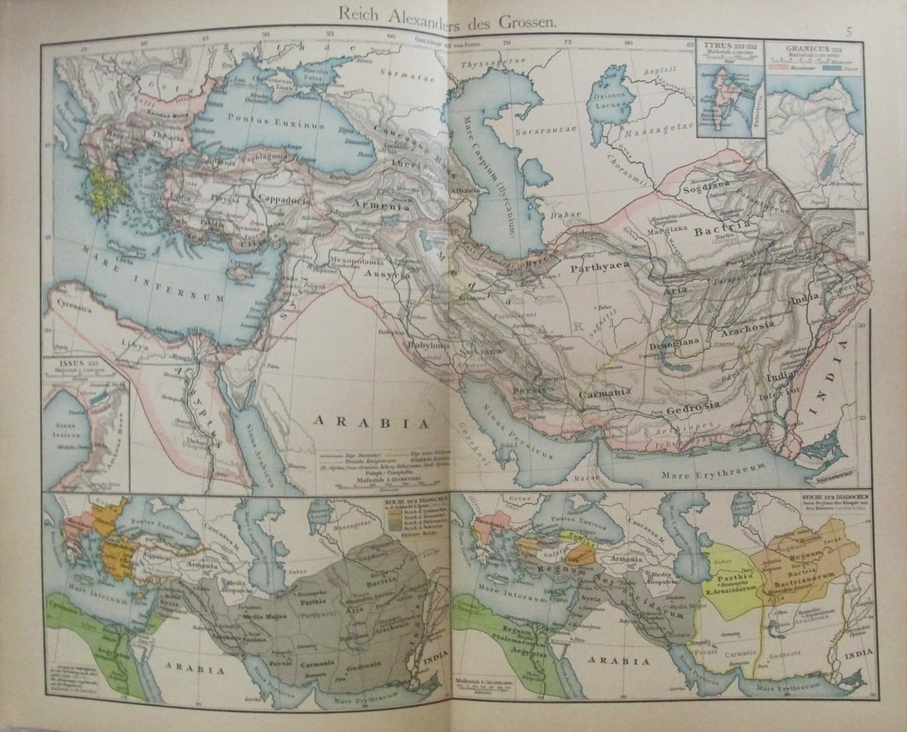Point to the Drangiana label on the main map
(x=674, y=340)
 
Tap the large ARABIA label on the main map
(x=371, y=422)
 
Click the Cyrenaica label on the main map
(x=74, y=303)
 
